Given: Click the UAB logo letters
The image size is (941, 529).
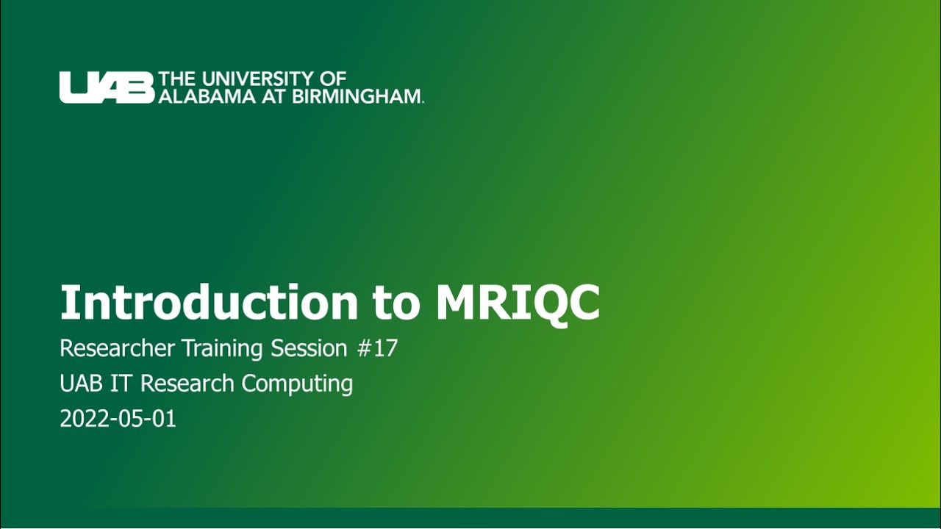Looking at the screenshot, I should click(x=107, y=87).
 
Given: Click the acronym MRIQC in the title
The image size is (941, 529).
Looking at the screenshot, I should click(x=518, y=302).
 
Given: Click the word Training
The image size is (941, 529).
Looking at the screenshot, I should click(x=225, y=348).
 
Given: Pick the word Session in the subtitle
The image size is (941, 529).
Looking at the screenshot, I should click(x=309, y=348).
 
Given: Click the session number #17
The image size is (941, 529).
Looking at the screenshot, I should click(x=377, y=348).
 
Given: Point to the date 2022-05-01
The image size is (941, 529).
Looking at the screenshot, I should click(x=118, y=419).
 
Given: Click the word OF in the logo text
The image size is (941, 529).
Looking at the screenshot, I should click(x=333, y=79).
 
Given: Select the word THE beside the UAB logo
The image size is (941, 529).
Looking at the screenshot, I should click(x=177, y=79).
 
